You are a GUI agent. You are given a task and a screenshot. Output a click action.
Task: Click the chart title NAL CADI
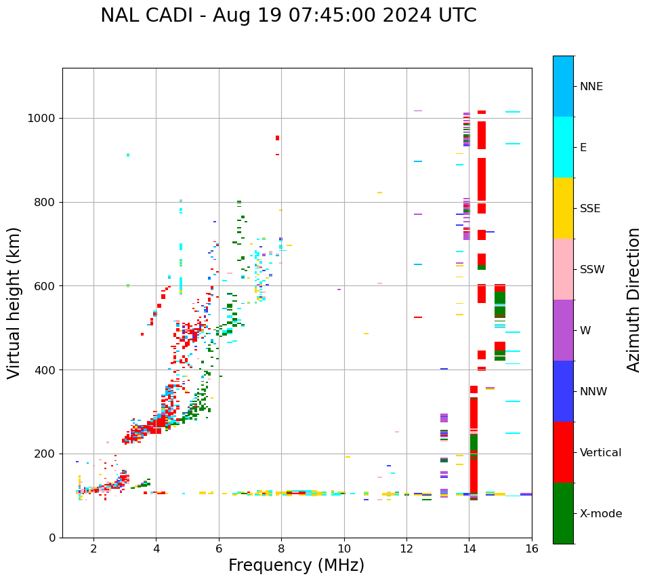[288, 16]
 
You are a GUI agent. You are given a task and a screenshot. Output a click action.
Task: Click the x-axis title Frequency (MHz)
[296, 565]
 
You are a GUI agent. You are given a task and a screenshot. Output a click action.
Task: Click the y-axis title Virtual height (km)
[14, 302]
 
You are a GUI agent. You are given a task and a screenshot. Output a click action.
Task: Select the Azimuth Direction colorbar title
[633, 300]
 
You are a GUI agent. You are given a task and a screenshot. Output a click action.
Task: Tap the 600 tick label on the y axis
[47, 286]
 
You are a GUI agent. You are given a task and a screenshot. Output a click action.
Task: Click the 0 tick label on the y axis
[51, 538]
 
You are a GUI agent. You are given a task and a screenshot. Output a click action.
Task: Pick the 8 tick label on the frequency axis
[281, 549]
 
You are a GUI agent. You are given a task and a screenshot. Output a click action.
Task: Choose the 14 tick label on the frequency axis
[469, 549]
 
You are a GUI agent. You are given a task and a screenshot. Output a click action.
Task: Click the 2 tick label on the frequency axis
[93, 549]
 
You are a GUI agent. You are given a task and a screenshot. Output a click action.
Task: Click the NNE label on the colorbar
[591, 87]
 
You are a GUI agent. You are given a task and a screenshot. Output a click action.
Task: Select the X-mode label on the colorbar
[600, 514]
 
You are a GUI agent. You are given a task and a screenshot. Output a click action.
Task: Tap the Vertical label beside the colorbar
[600, 453]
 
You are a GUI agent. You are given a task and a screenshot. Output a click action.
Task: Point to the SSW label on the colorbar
[592, 270]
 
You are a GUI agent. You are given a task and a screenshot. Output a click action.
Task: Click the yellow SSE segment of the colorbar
[563, 208]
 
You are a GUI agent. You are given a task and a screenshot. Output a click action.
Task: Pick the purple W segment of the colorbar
[563, 330]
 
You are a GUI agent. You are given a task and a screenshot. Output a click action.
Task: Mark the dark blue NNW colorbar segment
[563, 391]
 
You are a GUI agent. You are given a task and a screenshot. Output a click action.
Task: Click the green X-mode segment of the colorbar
[563, 513]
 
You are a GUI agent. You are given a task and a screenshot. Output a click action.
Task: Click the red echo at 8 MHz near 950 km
[277, 138]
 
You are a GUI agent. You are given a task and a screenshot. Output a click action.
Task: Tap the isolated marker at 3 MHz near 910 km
[127, 155]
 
